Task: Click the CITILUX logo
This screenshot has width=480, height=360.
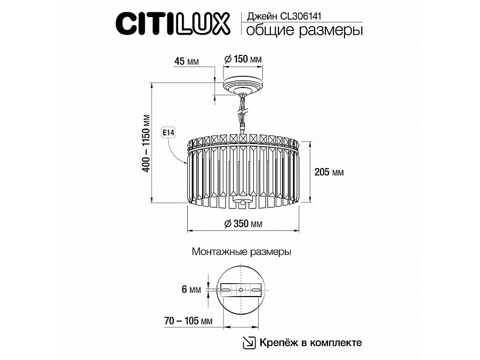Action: pos(173,23)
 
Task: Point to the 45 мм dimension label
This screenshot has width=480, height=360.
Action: pos(186,61)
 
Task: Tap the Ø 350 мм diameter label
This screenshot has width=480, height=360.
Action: pos(243,224)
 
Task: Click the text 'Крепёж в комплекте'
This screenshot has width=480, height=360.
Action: pos(311,342)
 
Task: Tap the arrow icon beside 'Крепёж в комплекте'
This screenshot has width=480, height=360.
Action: pos(249,342)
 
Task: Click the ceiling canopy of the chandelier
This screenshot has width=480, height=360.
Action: pos(243,85)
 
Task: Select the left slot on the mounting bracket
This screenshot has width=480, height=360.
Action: pos(226,290)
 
